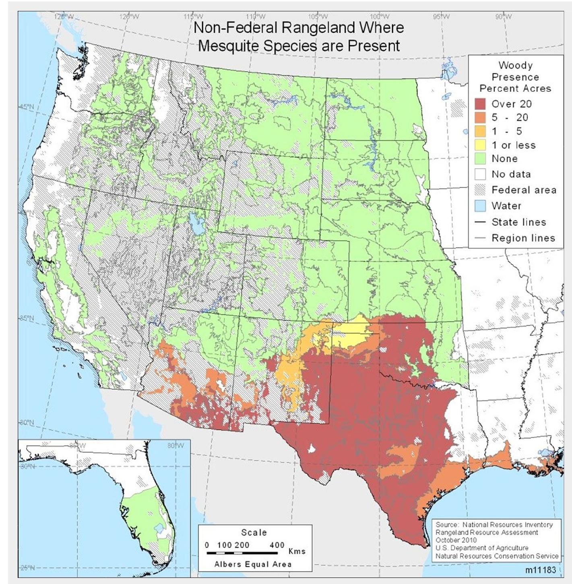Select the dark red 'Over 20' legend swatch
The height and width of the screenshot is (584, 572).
[x=480, y=104]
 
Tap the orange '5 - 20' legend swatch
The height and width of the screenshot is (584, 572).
[x=480, y=118]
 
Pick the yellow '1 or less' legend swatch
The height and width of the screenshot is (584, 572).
[x=480, y=145]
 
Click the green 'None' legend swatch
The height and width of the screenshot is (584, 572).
[x=480, y=159]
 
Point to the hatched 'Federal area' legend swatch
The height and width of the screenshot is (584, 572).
[x=480, y=190]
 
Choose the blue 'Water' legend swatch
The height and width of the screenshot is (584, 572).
[x=480, y=206]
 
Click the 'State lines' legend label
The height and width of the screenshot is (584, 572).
[x=518, y=222]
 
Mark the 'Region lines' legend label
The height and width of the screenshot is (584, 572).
[x=523, y=238]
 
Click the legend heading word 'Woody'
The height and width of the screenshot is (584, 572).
[x=515, y=65]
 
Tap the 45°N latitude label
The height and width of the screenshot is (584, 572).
[x=26, y=107]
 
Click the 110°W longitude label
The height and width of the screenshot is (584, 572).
[x=255, y=17]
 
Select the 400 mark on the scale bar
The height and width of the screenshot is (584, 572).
[x=277, y=545]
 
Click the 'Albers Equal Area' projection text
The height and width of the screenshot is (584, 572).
[x=253, y=564]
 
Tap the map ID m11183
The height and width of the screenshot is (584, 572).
[x=540, y=570]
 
